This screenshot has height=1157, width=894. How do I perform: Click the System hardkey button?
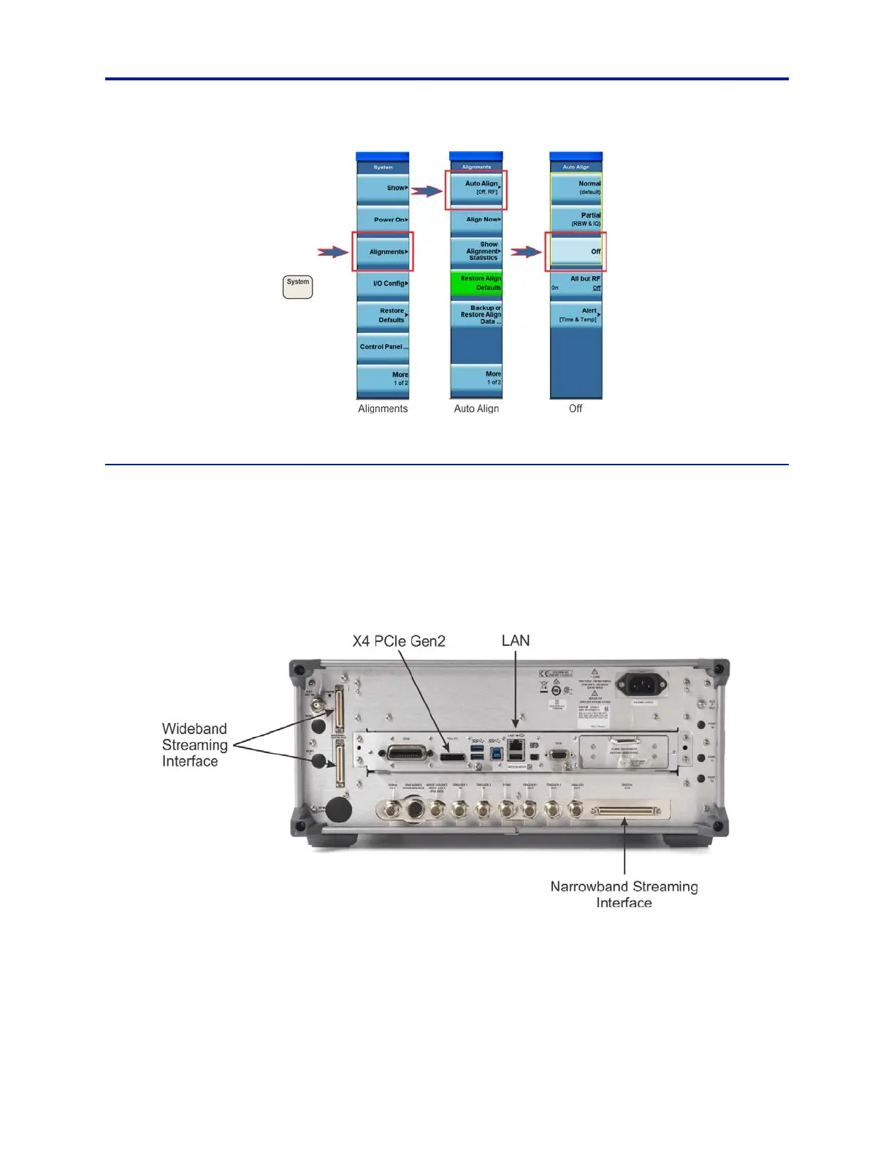(297, 286)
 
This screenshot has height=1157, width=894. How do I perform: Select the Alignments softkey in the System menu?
(383, 252)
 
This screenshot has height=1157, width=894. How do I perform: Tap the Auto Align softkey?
(476, 188)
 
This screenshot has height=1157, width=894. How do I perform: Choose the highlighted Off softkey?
(576, 251)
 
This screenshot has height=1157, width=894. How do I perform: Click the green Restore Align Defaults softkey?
(476, 283)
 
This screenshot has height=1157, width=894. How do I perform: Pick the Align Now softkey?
(476, 219)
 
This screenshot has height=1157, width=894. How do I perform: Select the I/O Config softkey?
(383, 283)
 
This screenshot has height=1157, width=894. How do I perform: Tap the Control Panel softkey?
(383, 347)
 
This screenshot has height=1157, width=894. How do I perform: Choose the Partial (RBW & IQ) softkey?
(576, 219)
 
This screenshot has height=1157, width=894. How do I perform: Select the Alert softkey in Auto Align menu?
(576, 315)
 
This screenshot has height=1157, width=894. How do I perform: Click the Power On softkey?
(383, 219)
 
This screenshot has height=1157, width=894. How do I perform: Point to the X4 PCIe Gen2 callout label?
(399, 641)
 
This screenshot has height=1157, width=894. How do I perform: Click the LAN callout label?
(516, 641)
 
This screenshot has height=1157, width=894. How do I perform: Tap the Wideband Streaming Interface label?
(194, 745)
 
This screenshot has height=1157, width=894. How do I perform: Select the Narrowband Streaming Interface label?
(624, 894)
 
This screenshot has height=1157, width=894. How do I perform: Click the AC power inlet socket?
(641, 685)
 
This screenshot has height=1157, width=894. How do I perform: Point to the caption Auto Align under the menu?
(476, 409)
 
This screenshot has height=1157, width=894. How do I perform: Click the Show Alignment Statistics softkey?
(476, 251)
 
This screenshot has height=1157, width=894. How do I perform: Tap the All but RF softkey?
(576, 283)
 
